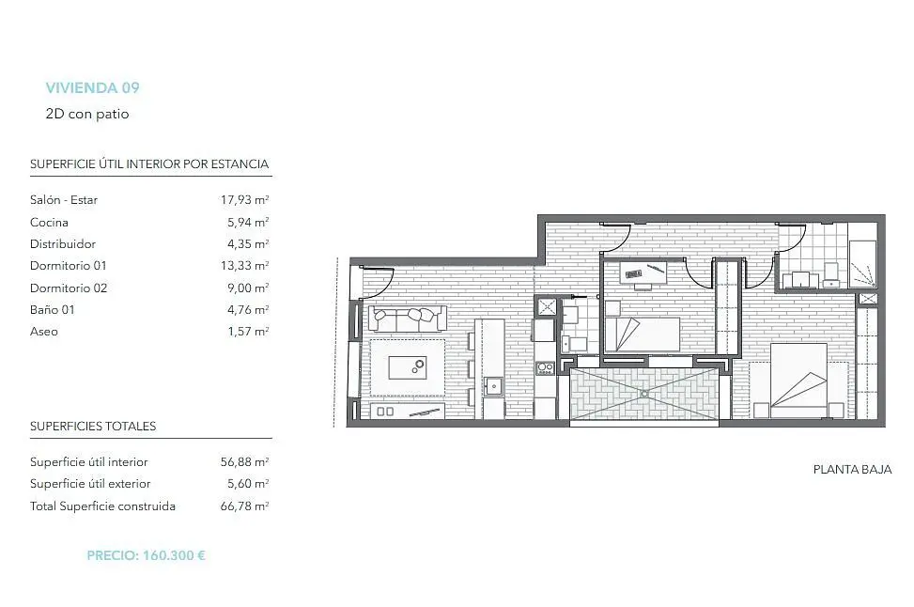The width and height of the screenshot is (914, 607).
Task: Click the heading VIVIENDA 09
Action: tap(93, 88)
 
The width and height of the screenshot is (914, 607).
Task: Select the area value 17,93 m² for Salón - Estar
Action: tap(244, 199)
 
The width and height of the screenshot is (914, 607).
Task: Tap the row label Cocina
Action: tap(49, 222)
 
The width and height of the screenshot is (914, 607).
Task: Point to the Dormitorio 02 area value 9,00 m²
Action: tap(248, 288)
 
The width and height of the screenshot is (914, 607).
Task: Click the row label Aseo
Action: tap(44, 331)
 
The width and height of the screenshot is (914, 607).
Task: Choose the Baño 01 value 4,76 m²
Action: tap(248, 310)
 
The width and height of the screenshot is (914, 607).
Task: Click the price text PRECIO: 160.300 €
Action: tap(147, 555)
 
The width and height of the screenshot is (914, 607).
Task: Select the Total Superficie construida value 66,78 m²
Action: tap(244, 506)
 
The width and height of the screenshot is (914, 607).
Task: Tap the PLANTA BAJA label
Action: tap(852, 470)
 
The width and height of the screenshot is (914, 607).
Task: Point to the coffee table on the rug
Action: tap(407, 368)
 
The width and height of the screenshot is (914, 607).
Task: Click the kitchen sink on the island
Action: tap(494, 386)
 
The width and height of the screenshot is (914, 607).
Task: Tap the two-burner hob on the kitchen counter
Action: tap(545, 368)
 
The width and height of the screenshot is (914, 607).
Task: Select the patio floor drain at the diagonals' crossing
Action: tap(644, 394)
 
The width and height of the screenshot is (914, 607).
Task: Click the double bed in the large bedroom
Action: tap(798, 381)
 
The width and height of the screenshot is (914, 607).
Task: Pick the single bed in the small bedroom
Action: tap(643, 335)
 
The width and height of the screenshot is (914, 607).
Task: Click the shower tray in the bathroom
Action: tap(862, 263)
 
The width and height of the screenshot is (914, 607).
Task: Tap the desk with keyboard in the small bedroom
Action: tap(643, 272)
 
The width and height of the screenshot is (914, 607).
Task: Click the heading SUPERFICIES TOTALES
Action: tap(93, 427)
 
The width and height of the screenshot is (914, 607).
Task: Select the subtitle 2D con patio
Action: tap(87, 114)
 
